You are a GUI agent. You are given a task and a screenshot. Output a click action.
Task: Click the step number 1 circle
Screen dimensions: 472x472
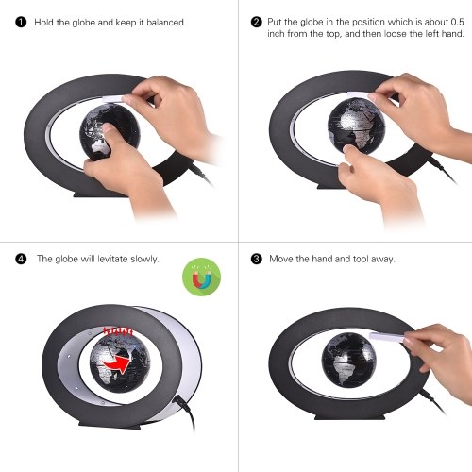[x=21, y=23]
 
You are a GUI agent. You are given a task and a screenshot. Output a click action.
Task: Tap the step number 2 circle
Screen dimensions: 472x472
[x=257, y=22]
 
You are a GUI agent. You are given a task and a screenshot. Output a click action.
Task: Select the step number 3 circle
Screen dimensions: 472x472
[x=257, y=259]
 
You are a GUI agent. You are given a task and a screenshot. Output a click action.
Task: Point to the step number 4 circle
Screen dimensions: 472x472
[x=21, y=259]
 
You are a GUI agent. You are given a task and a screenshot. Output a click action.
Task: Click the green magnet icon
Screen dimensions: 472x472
[x=201, y=277]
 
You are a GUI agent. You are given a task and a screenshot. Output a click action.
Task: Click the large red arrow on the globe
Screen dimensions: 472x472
[x=117, y=363]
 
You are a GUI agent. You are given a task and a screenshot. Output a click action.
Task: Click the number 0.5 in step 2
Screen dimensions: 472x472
[x=457, y=22]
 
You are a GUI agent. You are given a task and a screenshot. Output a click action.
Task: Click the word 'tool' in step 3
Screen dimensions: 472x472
[x=361, y=259]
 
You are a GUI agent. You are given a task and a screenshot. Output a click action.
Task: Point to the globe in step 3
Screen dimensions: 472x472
[x=348, y=361]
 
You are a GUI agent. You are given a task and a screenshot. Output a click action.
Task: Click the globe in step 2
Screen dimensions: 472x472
[x=355, y=126]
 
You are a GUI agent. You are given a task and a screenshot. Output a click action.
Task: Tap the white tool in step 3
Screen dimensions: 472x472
[x=387, y=337]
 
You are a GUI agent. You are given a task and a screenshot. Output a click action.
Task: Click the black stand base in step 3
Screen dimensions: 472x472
[x=350, y=416]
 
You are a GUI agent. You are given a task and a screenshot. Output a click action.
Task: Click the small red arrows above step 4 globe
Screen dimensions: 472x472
[x=118, y=330]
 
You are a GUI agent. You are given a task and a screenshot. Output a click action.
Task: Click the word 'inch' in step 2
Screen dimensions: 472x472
[x=276, y=34]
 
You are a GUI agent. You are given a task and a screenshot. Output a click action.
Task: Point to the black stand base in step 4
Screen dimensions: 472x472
[x=110, y=424]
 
